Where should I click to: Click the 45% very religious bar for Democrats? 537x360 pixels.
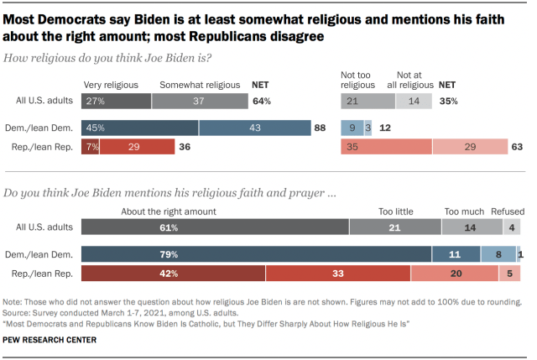140,128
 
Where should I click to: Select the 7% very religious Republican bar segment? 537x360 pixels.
91,147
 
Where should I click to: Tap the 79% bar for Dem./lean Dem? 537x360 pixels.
256,254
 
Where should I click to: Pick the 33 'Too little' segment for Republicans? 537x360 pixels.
337,274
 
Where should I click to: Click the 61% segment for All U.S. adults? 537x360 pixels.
215,227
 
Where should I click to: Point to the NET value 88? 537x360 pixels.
320,128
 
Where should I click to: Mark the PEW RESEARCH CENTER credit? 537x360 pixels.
50,339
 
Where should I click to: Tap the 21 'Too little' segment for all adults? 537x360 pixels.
394,227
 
